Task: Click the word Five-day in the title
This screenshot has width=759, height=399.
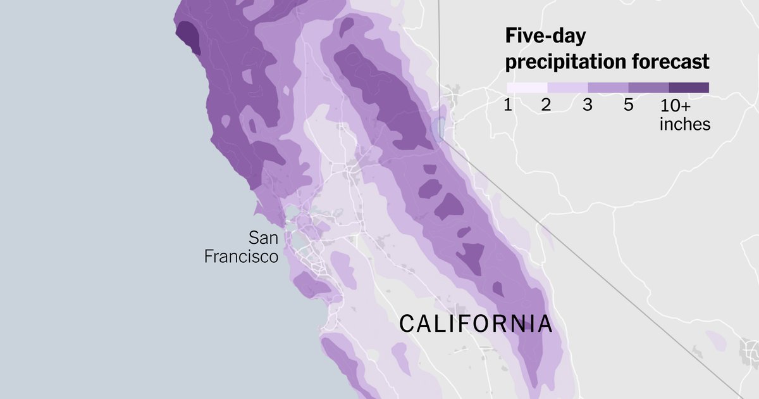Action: tap(545, 37)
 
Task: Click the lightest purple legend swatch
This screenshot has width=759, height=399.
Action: tap(527, 87)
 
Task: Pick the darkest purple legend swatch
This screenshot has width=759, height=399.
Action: tap(689, 87)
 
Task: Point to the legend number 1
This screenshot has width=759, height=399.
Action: tap(508, 105)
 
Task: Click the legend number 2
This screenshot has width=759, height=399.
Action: tap(547, 105)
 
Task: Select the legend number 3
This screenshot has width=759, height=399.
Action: tap(588, 105)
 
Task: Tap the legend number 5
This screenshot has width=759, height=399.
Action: tap(628, 105)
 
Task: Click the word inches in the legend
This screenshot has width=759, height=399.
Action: tap(685, 124)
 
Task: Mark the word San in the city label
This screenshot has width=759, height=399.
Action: tap(263, 238)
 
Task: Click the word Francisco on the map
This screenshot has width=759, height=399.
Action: tap(241, 256)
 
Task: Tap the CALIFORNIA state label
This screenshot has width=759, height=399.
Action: tap(476, 324)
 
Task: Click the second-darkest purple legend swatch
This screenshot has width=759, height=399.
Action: tap(648, 87)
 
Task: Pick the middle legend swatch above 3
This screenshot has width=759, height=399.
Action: tap(608, 87)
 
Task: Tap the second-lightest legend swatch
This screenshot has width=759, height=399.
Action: tap(567, 87)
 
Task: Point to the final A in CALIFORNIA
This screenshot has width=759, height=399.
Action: tap(545, 324)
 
